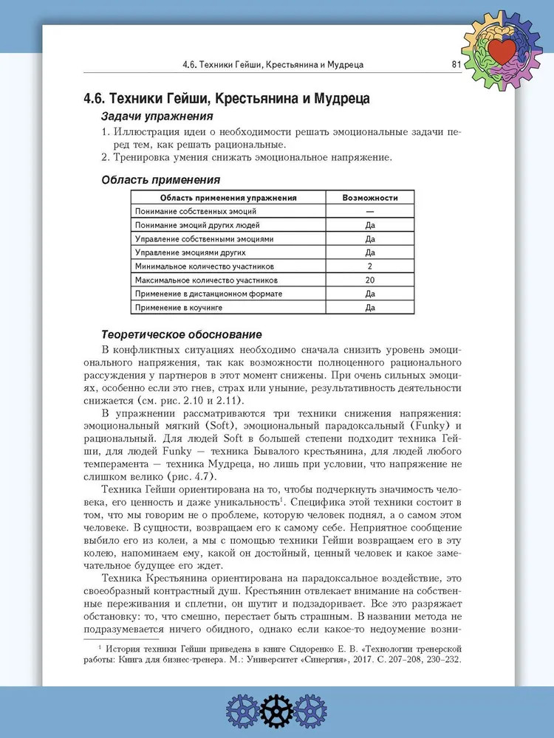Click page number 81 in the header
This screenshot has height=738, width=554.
(456, 65)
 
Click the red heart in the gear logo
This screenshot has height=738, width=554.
(505, 52)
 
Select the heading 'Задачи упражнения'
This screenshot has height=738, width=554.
(157, 117)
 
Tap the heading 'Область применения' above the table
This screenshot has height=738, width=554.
(160, 179)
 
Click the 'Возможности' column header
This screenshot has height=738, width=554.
(370, 198)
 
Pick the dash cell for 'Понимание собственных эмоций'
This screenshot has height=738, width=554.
(370, 212)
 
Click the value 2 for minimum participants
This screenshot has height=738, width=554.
(370, 266)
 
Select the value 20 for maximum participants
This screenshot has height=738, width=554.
(370, 280)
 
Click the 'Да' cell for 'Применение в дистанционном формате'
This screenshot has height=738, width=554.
(370, 294)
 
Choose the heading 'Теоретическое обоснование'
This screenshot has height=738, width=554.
(182, 334)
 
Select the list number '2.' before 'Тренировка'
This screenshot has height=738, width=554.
(106, 157)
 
